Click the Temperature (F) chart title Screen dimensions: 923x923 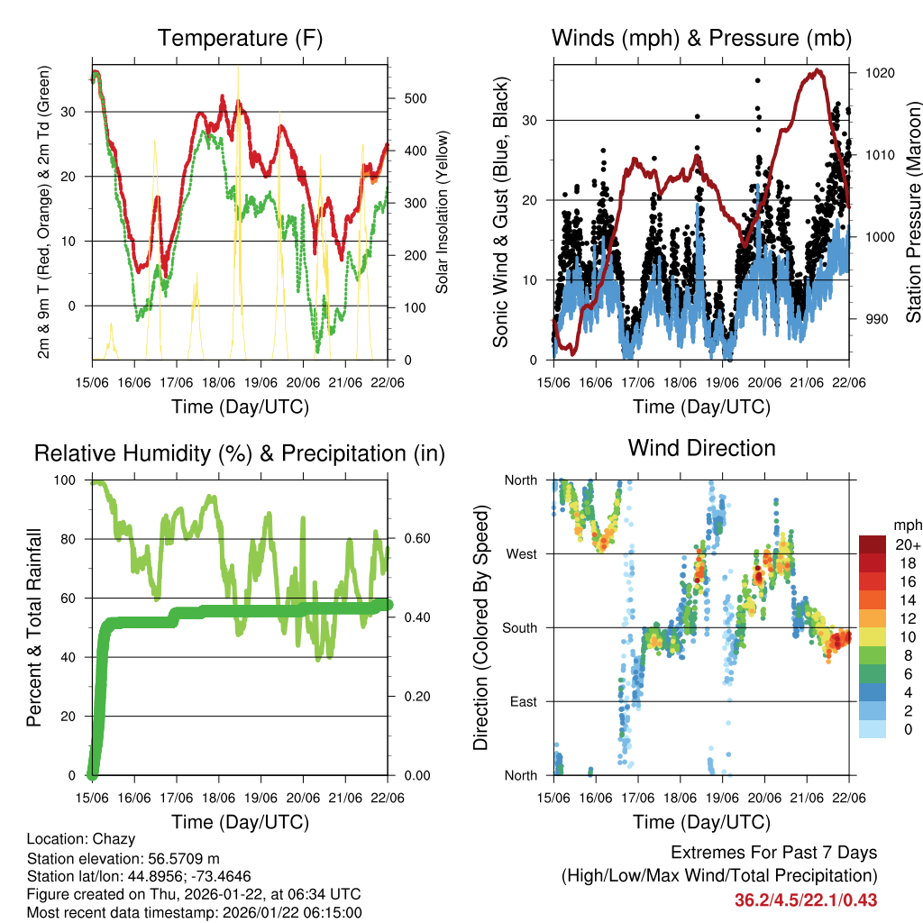240,38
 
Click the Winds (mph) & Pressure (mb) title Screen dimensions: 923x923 701,38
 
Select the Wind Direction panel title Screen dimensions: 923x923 701,447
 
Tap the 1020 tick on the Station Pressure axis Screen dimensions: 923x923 878,73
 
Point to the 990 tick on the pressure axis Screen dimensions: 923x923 874,319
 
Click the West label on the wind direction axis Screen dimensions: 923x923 520,553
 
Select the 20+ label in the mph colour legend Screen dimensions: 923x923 907,544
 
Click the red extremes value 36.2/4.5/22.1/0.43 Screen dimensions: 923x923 806,900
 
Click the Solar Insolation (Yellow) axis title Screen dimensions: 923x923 443,213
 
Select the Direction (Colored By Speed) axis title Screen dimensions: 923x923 480,626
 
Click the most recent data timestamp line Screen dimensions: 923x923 194,912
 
